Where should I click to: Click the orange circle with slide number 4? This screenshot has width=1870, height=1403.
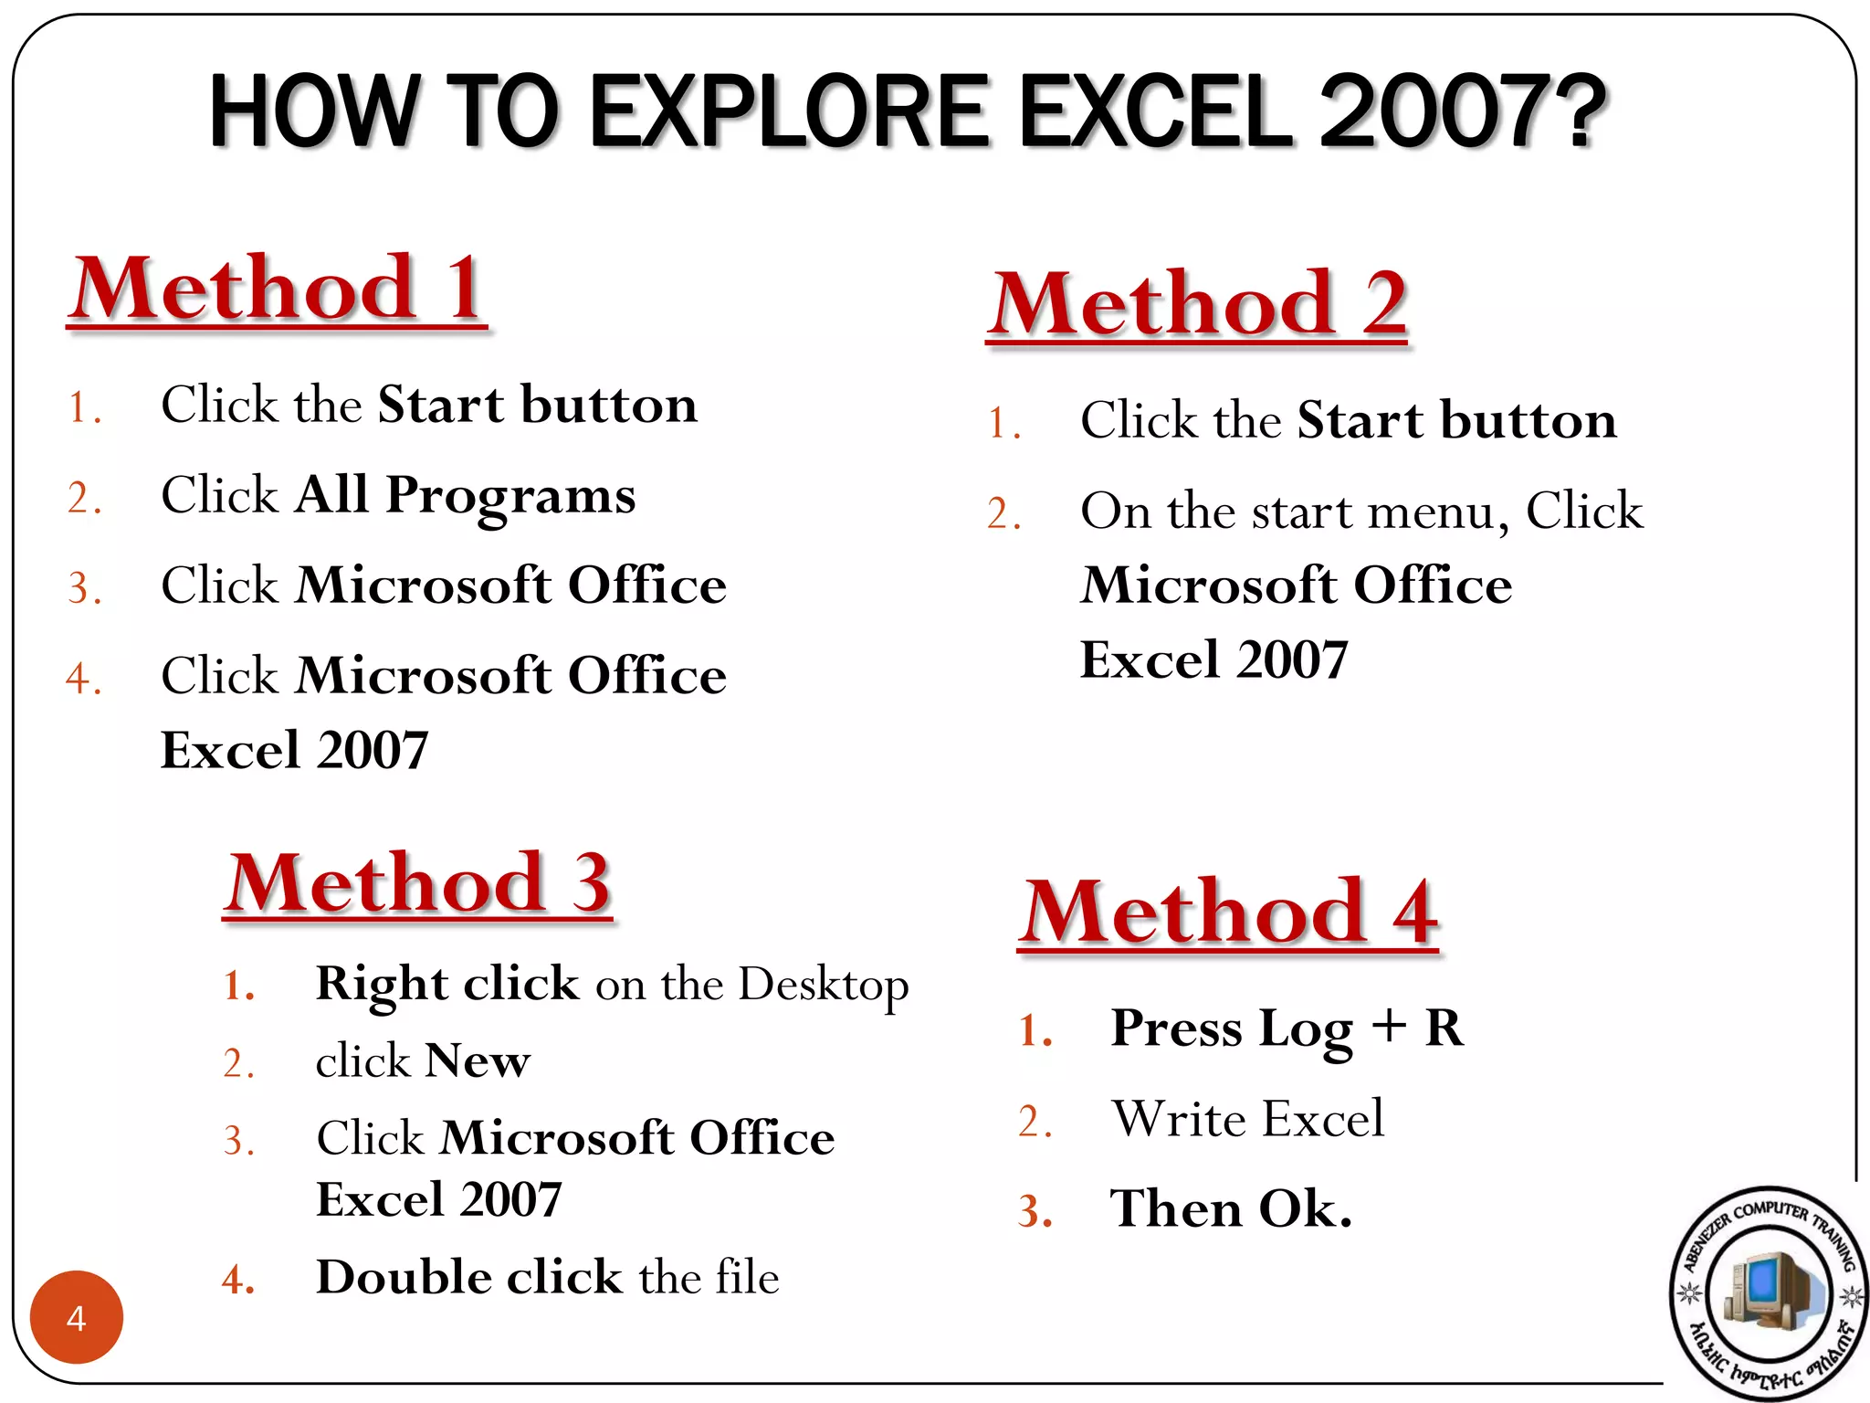[77, 1317]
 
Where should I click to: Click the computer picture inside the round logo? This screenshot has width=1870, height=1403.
[1768, 1289]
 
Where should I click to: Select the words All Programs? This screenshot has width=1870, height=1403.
[465, 495]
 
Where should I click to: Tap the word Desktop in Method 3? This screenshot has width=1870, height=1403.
[824, 985]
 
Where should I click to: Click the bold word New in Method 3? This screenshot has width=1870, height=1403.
[478, 1061]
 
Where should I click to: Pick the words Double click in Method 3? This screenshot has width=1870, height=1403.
[467, 1277]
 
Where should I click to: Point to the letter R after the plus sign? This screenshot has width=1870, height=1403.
[1444, 1029]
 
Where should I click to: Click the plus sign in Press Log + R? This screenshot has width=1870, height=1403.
[1388, 1027]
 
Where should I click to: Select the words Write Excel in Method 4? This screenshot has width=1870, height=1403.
[1247, 1119]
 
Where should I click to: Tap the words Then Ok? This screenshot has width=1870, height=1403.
[1230, 1209]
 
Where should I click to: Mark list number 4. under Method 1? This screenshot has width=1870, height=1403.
[84, 679]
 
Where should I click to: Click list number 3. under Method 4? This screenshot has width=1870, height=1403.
[1035, 1212]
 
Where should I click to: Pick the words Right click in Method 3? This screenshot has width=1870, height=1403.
[447, 984]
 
